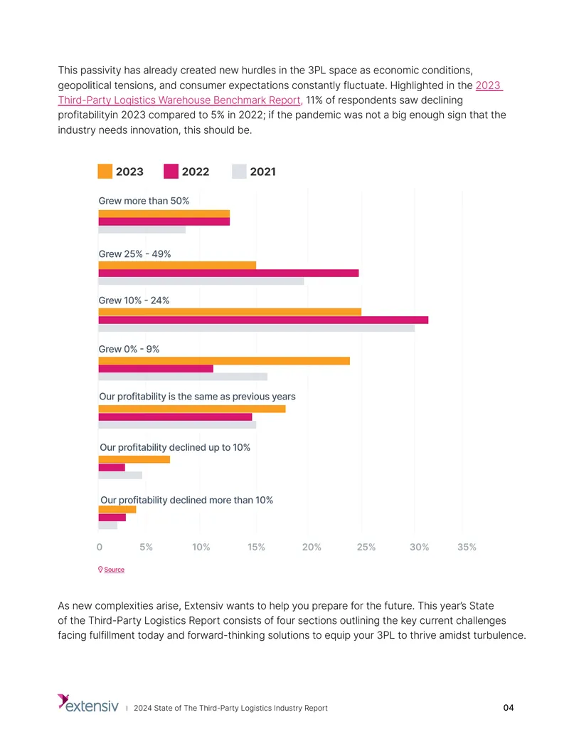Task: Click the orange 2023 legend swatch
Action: point(105,171)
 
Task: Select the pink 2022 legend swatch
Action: point(171,171)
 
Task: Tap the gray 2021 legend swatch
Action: point(239,171)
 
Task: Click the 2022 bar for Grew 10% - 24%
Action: point(263,320)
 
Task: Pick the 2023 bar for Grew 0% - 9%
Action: point(224,361)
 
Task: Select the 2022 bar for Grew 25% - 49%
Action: point(228,273)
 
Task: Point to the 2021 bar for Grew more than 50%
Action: point(142,230)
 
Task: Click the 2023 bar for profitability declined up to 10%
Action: point(134,459)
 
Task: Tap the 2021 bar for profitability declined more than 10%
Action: point(108,526)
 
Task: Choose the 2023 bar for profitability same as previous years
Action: point(192,409)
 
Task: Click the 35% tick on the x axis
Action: point(467,547)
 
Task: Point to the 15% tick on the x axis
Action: point(256,547)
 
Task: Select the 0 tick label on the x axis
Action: point(99,547)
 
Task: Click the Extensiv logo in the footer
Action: point(88,703)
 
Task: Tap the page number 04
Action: point(509,708)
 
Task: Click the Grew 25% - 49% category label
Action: point(134,253)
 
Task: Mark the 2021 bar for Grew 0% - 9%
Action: point(183,377)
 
